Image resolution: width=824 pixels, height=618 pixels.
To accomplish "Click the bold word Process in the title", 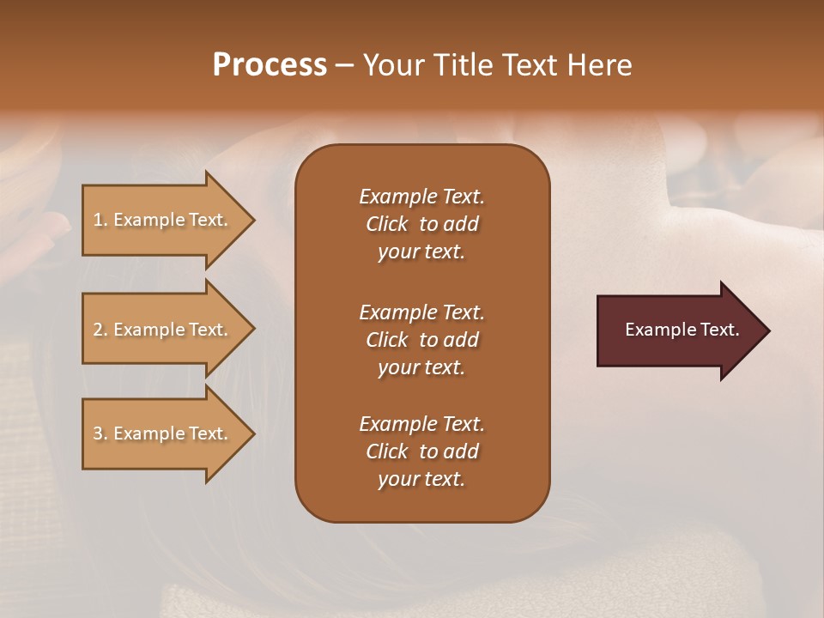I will coord(270,65).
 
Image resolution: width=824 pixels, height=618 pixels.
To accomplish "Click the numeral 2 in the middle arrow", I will coord(98,330).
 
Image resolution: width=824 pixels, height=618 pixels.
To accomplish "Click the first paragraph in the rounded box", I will coord(421,224).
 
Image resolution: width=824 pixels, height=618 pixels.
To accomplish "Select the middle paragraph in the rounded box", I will coord(421,339).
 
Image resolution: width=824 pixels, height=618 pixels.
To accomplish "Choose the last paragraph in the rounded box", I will coord(421,451).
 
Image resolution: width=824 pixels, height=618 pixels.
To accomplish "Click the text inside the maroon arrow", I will coord(682,330).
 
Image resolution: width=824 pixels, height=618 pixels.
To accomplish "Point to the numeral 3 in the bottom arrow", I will coord(98,433).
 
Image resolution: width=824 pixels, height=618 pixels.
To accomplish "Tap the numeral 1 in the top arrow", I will coord(97,220).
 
